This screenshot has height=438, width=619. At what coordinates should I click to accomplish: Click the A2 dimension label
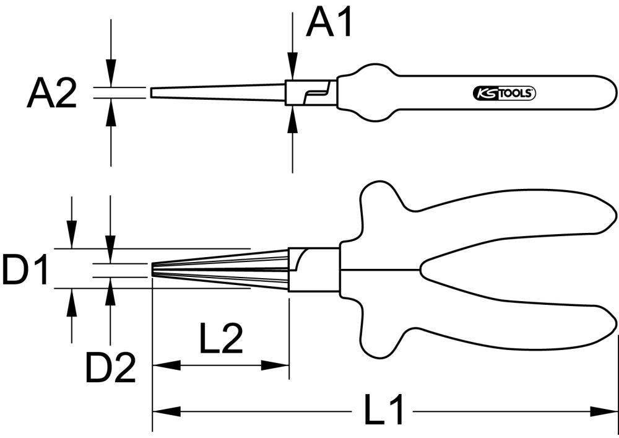coord(51,94)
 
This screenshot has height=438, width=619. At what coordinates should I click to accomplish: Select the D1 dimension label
coord(25,270)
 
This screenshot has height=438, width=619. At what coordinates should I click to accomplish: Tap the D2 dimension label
coord(110,369)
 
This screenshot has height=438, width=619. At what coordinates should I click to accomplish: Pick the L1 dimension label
coord(383,411)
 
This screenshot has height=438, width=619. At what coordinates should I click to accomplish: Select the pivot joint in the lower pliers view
coord(313,269)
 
